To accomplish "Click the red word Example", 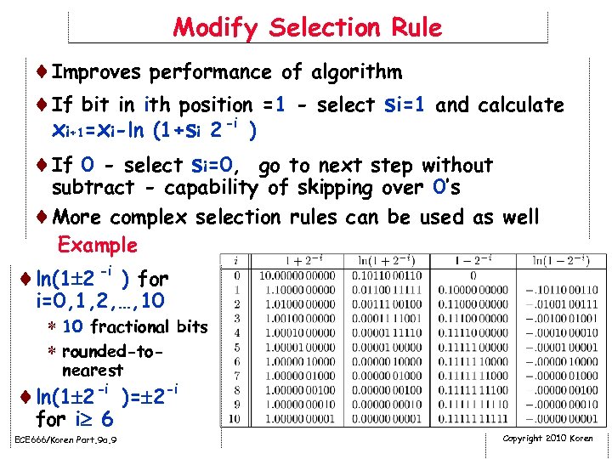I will tap(97, 245).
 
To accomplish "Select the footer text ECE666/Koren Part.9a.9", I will tap(66, 439).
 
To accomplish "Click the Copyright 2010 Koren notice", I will tap(548, 439).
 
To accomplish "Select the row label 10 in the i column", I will tap(235, 419).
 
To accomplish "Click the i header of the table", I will tap(235, 260).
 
